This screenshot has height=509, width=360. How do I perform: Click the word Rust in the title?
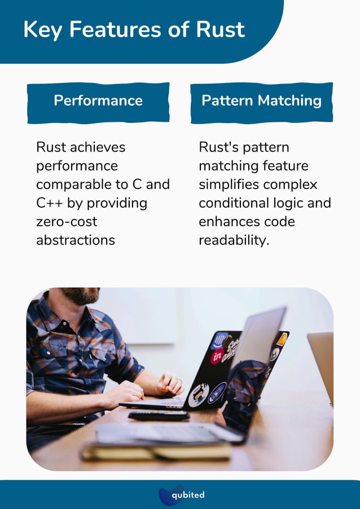(221, 29)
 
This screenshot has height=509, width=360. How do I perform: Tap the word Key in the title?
(42, 29)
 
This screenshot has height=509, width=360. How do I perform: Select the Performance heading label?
(98, 101)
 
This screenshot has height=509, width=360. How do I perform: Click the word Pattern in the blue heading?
(227, 101)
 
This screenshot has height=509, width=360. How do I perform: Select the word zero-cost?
(67, 221)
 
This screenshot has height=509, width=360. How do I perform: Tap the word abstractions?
(76, 240)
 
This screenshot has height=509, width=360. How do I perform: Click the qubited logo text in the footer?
(188, 495)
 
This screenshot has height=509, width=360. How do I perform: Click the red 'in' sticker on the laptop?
(217, 356)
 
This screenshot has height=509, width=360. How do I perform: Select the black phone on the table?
(159, 416)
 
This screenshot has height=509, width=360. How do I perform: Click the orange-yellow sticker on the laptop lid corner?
(282, 339)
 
